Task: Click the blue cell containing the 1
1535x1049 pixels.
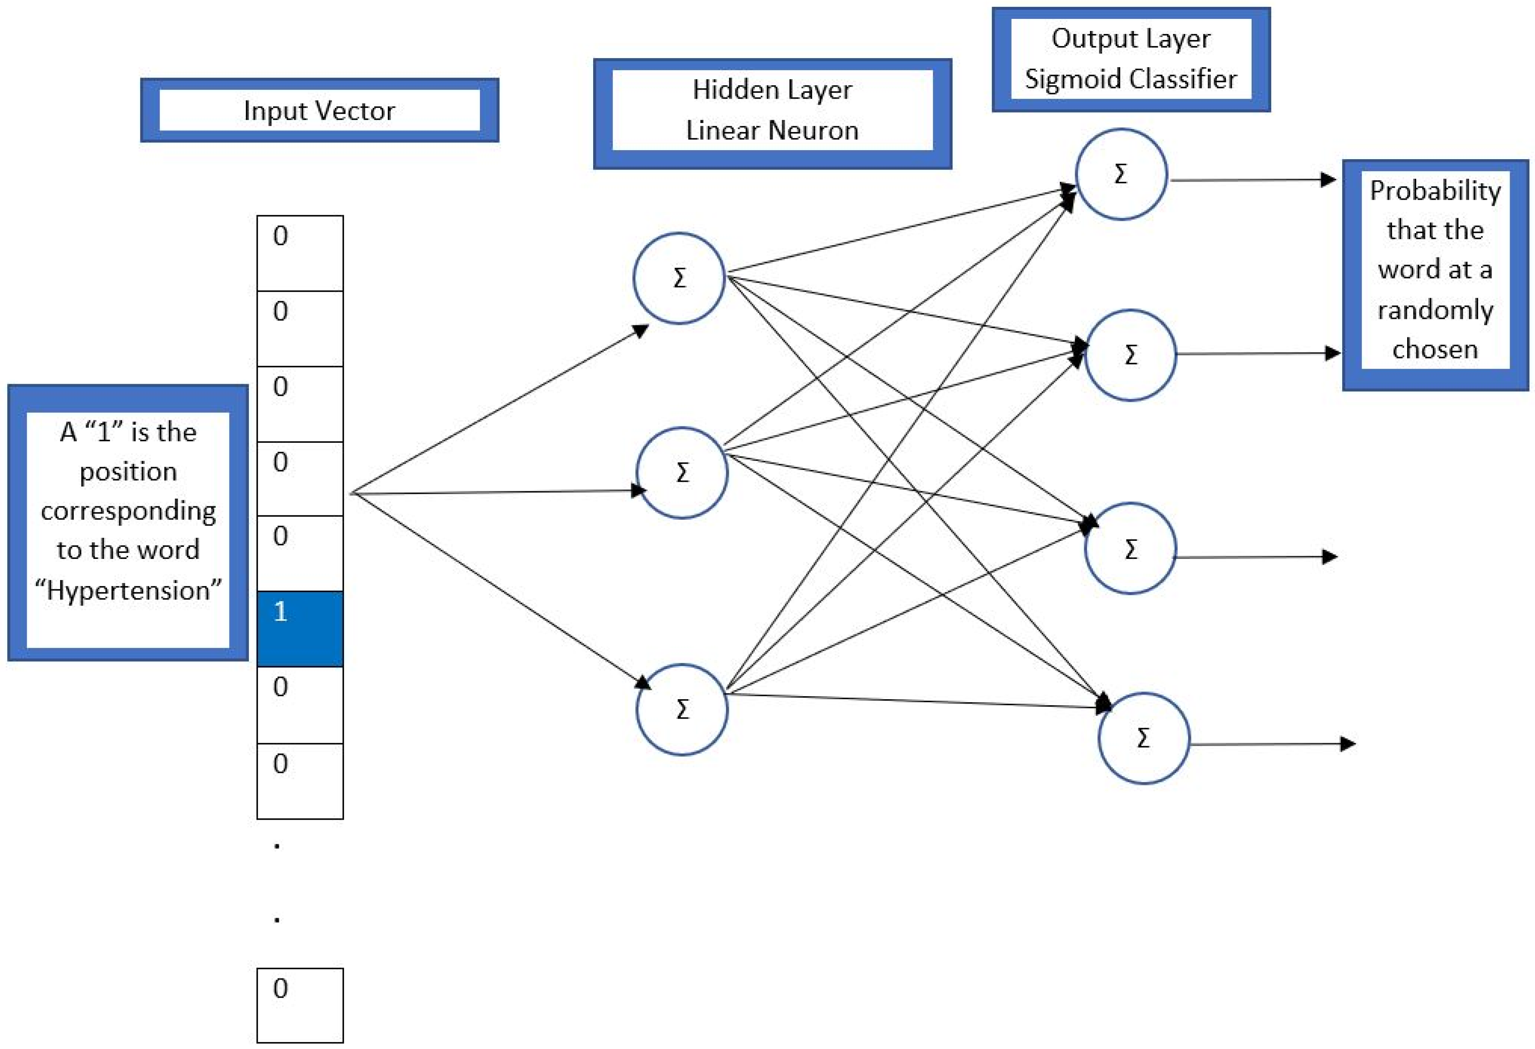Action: pyautogui.click(x=300, y=629)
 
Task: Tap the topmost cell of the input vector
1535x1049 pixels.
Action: pyautogui.click(x=300, y=253)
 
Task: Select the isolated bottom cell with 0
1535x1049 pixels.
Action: pyautogui.click(x=300, y=1005)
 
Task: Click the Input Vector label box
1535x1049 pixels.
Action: pyautogui.click(x=319, y=110)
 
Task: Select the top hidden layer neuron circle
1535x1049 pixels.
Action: pyautogui.click(x=679, y=278)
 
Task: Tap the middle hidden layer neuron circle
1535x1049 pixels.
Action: pyautogui.click(x=682, y=473)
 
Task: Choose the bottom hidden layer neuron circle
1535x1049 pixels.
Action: pyautogui.click(x=682, y=709)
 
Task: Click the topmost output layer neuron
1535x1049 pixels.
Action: pyautogui.click(x=1121, y=174)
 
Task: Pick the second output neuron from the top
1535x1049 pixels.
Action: pyautogui.click(x=1130, y=355)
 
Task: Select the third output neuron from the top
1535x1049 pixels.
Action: pyautogui.click(x=1130, y=549)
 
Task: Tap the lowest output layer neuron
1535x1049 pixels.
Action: pyautogui.click(x=1143, y=737)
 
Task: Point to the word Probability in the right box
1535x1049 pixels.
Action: pyautogui.click(x=1435, y=191)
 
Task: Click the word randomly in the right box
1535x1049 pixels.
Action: pyautogui.click(x=1435, y=310)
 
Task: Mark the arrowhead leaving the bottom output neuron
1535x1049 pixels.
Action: pyautogui.click(x=1347, y=744)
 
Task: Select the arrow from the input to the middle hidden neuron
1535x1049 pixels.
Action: pyautogui.click(x=495, y=491)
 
